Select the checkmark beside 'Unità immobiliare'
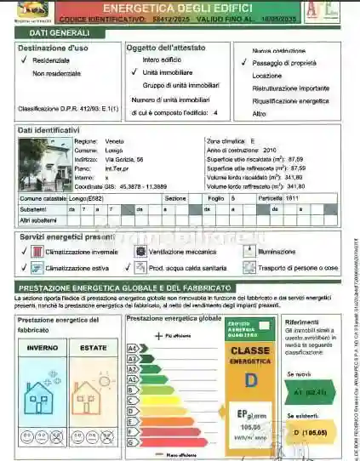tap(134, 73)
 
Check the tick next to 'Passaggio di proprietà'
tap(244, 63)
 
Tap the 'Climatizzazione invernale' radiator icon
tap(37, 252)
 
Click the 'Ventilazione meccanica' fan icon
tap(140, 252)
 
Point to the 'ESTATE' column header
tap(93, 348)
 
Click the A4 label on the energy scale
tap(132, 349)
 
